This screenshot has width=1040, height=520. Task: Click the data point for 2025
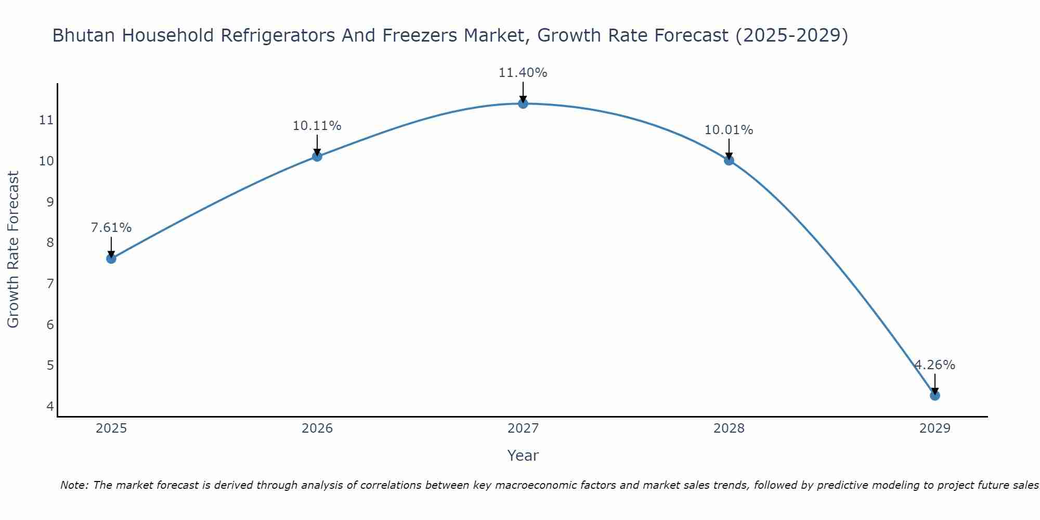111,258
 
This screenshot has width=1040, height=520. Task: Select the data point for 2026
317,156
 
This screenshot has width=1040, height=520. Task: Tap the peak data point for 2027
523,103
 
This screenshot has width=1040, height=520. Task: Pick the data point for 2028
729,160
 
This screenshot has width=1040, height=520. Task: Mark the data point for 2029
935,395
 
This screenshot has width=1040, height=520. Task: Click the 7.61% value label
111,228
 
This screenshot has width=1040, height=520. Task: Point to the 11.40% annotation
523,73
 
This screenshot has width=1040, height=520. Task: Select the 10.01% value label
729,130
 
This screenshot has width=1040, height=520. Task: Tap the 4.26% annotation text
935,365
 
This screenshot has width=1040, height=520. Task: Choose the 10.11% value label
317,126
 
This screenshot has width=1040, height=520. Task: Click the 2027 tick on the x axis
523,428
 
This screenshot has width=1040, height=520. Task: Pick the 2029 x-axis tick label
935,428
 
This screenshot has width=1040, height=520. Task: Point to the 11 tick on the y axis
46,120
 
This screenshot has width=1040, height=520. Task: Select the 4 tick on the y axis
50,406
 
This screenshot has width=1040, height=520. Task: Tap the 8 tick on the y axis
50,243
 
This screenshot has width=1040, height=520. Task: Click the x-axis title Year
523,456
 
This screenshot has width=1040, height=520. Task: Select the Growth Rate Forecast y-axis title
14,250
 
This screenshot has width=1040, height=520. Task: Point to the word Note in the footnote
74,485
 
